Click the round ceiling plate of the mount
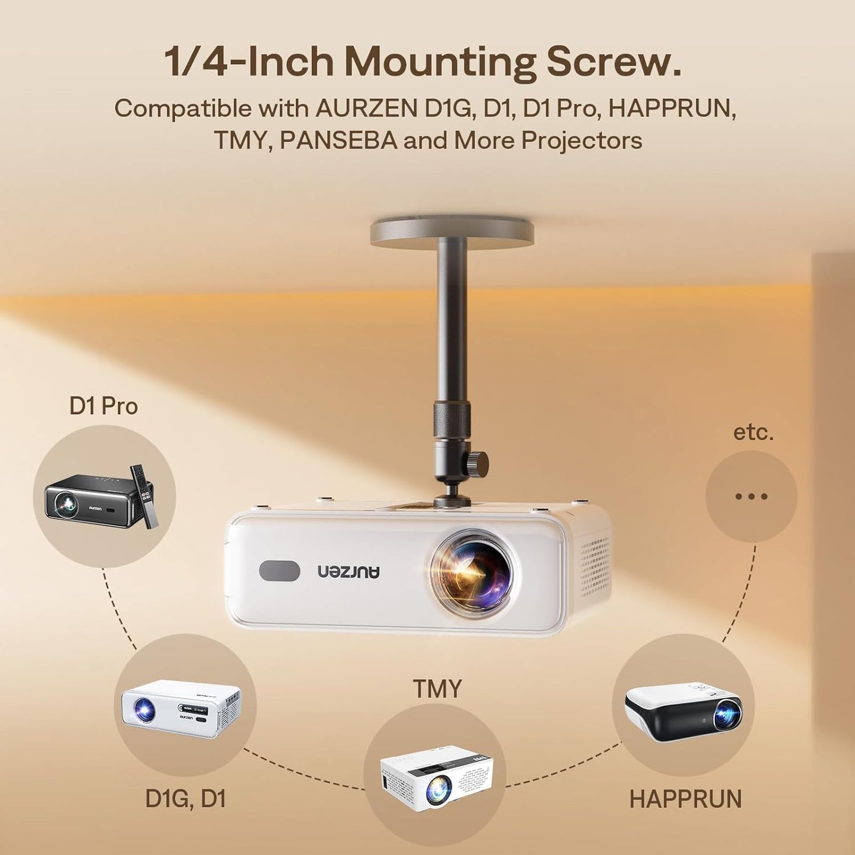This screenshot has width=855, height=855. coord(452,232)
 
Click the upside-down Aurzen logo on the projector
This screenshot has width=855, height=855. coord(349,571)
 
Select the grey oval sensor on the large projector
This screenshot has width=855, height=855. coord(279,570)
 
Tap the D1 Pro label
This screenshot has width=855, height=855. coord(104,406)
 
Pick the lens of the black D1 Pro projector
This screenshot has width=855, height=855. coord(64,504)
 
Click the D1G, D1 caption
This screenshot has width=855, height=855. coord(186,799)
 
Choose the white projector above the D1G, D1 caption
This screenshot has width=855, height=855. coord(181,708)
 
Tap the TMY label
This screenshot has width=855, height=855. coord(437,689)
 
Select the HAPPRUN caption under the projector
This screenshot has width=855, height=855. coord(685,799)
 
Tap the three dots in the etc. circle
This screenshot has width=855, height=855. coord(751,496)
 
